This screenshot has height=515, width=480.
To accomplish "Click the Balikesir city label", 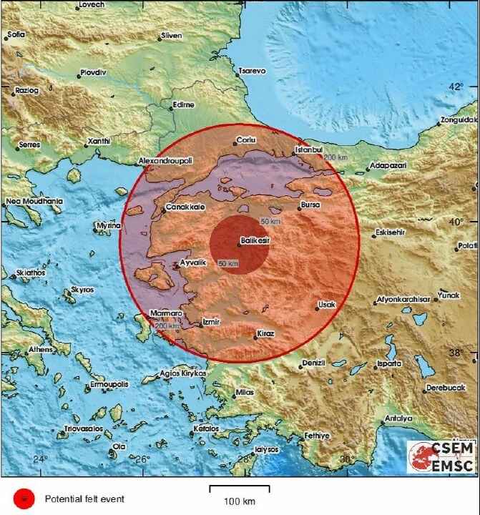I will pyautogui.click(x=255, y=241).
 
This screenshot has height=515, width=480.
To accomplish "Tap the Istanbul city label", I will pyautogui.click(x=310, y=150).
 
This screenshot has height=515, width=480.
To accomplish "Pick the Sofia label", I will pyautogui.click(x=15, y=34).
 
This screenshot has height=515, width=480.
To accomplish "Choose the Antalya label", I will pyautogui.click(x=398, y=418).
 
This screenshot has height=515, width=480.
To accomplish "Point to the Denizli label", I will pyautogui.click(x=313, y=363).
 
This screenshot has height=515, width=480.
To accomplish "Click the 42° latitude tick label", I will pyautogui.click(x=456, y=87).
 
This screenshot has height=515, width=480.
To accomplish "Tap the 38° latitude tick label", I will pyautogui.click(x=456, y=353).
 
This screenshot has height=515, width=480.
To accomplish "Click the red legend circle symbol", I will pyautogui.click(x=24, y=498).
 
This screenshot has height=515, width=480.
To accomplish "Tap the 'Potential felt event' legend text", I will pyautogui.click(x=84, y=499).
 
